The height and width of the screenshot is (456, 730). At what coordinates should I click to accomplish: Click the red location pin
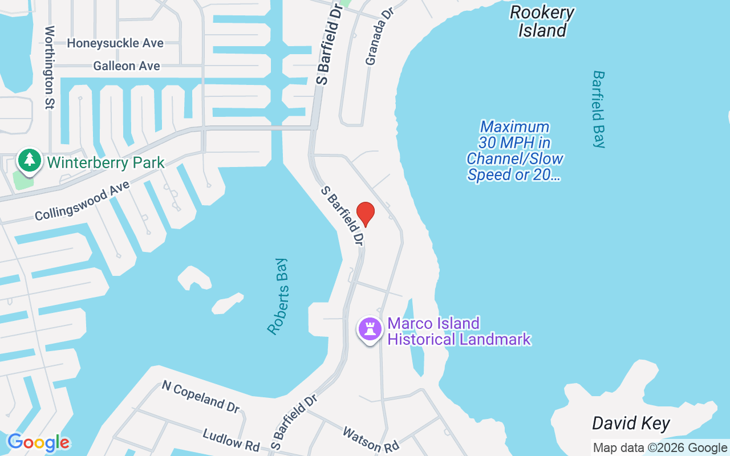pos(365,214)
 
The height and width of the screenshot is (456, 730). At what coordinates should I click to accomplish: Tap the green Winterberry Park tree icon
pos(29,160)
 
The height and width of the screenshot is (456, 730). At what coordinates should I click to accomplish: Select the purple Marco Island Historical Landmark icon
pos(370,329)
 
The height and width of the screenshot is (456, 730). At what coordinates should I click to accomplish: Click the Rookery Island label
pos(542,21)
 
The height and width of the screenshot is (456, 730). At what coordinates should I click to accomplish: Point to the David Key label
pos(630,424)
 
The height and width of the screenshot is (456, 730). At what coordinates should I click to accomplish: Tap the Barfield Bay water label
pos(598,109)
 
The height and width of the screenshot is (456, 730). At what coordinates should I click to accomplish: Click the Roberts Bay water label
pos(278,296)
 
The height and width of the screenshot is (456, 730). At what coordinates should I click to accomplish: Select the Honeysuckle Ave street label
pos(115,43)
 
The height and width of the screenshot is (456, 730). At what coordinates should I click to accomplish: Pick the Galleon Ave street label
pos(127,66)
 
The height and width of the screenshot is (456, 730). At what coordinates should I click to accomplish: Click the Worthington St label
pos(50,67)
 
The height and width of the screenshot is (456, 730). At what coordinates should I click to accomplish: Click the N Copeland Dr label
pos(201,396)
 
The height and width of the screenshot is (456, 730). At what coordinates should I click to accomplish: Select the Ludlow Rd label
pos(231,439)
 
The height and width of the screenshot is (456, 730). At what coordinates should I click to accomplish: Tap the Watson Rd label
pos(370,439)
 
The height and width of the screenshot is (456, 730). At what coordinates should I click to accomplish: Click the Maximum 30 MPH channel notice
pos(515,150)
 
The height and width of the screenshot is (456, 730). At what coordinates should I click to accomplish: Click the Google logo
pos(38,442)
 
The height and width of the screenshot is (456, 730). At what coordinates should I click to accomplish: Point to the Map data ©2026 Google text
pos(660,448)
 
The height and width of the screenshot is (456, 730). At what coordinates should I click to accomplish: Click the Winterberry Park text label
pos(106,162)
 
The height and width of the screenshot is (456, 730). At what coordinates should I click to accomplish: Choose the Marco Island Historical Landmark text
pos(459,331)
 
